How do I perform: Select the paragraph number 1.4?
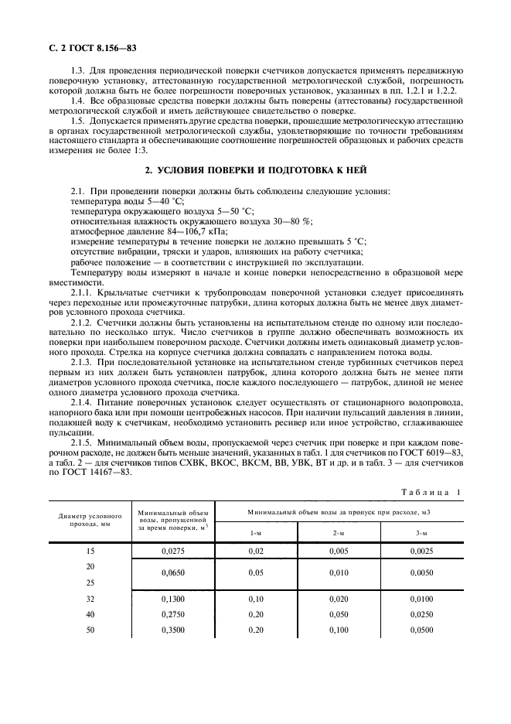click(78, 101)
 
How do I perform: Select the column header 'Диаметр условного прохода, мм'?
click(90, 517)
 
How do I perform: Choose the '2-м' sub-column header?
click(339, 533)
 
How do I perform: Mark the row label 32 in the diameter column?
click(90, 599)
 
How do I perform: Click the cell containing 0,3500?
click(174, 630)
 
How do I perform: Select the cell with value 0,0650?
click(174, 575)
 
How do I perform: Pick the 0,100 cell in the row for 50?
click(339, 630)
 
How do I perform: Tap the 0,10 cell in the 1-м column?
click(256, 599)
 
